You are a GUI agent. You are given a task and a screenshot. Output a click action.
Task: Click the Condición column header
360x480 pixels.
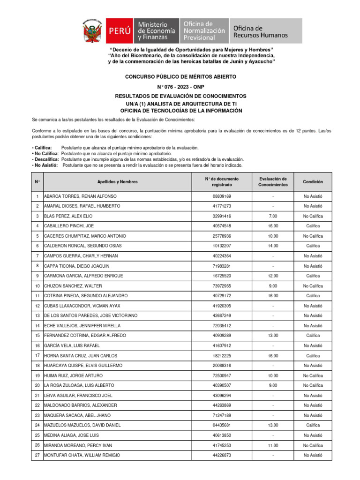click(x=313, y=182)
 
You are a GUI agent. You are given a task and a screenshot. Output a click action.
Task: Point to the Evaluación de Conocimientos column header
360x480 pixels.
click(x=273, y=182)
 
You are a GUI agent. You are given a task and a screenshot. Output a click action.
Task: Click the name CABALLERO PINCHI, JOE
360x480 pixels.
click(x=70, y=226)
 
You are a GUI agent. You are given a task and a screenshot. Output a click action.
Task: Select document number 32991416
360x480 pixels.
click(x=222, y=216)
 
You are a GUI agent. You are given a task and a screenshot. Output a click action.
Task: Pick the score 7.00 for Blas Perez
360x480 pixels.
click(x=273, y=216)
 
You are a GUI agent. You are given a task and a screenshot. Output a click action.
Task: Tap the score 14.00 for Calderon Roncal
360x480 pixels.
click(x=273, y=246)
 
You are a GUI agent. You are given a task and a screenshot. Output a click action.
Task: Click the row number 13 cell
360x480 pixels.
click(x=37, y=315)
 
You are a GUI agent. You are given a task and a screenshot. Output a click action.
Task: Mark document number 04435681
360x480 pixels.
click(x=222, y=425)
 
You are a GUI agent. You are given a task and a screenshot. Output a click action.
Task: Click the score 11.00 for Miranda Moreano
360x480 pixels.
click(x=273, y=445)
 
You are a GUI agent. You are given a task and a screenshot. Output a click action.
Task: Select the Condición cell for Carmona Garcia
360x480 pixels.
click(x=313, y=276)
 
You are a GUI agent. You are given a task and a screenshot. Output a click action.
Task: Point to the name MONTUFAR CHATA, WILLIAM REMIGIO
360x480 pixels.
click(x=82, y=455)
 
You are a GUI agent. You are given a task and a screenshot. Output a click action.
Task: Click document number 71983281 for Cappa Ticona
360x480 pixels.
click(x=222, y=266)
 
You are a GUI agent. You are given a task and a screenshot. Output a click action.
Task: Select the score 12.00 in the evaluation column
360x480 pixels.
click(x=273, y=276)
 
